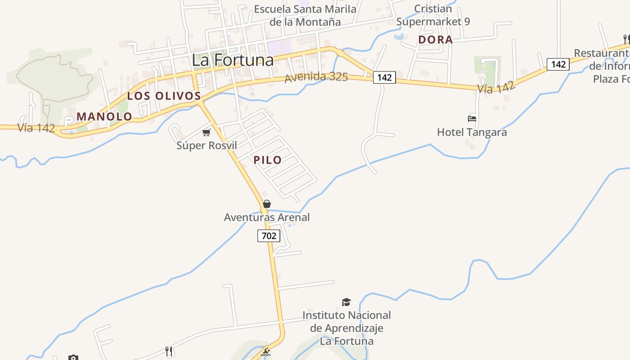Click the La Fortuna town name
[x=233, y=60]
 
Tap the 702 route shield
[x=269, y=235]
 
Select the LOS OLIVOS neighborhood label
[x=164, y=96]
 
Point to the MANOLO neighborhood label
[x=104, y=117]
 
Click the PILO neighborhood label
[x=268, y=160]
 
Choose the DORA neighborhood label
[x=435, y=40]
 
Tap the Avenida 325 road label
[x=316, y=77]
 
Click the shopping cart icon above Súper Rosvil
[x=206, y=132]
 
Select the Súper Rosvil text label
[x=207, y=145]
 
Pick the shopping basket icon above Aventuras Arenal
[x=267, y=204]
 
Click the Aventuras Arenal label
[x=267, y=217]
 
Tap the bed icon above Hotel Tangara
[x=472, y=119]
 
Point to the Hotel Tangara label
[x=472, y=132]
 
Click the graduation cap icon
[x=346, y=302]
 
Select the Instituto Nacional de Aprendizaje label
[x=346, y=328]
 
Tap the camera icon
[x=73, y=358]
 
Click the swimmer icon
[x=266, y=352]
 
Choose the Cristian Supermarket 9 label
[x=433, y=15]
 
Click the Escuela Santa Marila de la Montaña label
[x=305, y=15]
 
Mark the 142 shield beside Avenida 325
[x=384, y=77]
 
